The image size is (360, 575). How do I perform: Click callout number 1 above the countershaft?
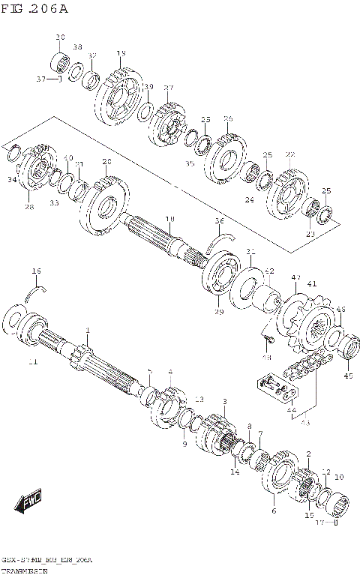(87, 331)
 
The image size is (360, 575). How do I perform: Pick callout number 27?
(169, 88)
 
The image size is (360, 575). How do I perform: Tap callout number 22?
(290, 154)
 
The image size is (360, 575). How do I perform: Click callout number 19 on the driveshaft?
(169, 218)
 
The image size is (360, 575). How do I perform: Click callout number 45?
(347, 376)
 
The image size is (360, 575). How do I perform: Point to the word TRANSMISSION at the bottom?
(23, 570)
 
